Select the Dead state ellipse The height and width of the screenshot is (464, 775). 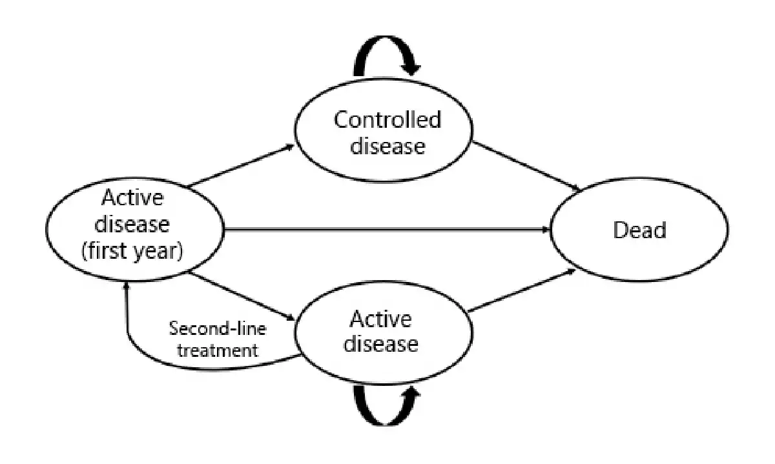639,230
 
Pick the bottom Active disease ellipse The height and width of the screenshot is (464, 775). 380,331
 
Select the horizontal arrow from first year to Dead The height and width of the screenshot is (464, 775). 387,229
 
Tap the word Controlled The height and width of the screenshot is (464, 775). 387,119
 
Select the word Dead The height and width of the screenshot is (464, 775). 639,230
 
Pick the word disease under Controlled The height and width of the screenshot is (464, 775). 387,146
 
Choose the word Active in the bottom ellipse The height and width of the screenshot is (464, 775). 380,319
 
